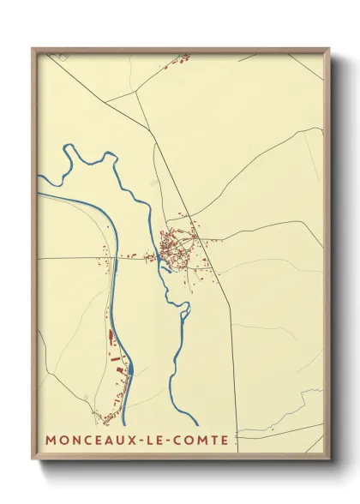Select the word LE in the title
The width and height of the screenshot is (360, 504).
(160, 441)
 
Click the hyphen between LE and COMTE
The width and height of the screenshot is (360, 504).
(177, 441)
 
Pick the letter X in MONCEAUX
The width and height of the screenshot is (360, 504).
(131, 441)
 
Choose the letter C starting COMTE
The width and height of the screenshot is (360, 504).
(187, 441)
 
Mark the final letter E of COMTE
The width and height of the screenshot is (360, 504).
(225, 441)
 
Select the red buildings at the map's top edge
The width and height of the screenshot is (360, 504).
(181, 59)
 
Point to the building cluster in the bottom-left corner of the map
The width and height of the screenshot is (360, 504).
(108, 418)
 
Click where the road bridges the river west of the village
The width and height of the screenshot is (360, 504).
(158, 258)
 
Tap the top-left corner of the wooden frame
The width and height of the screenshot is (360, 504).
(33, 49)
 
